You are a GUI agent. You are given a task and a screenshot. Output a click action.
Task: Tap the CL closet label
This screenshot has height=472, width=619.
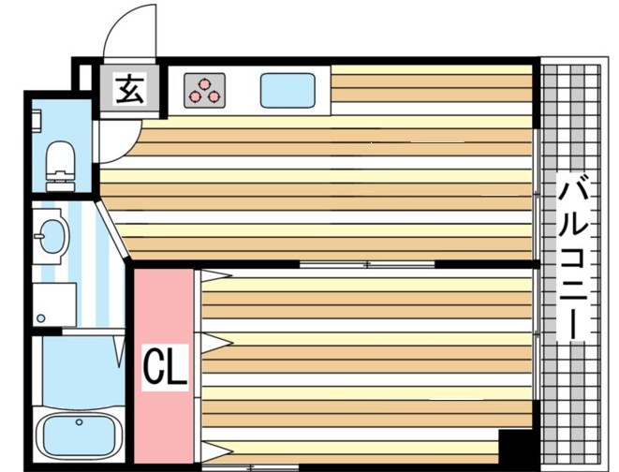(x=165, y=367)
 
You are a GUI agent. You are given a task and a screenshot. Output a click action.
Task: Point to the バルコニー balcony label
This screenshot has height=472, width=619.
(x=573, y=257)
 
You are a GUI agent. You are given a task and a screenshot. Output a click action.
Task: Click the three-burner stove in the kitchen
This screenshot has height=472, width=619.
(x=204, y=91)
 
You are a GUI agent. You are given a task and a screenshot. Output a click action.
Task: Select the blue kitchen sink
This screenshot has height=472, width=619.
(x=287, y=91)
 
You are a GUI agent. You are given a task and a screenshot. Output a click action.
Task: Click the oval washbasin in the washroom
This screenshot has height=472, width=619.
(x=53, y=236)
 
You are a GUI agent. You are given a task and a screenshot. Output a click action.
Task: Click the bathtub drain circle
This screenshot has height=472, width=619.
(x=79, y=422)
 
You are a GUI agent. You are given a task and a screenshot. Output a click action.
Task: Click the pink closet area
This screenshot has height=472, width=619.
(x=164, y=366)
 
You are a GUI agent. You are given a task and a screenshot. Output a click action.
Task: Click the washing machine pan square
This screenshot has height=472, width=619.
(x=54, y=304)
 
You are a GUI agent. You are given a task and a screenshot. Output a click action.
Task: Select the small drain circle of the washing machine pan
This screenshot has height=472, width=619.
(x=40, y=318)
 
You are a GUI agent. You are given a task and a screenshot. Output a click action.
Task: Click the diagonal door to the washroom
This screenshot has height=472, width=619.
(x=112, y=229)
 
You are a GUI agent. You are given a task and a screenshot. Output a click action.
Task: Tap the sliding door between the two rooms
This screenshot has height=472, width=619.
(x=367, y=264)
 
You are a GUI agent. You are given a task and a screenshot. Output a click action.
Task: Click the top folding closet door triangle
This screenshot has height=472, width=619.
(x=216, y=275)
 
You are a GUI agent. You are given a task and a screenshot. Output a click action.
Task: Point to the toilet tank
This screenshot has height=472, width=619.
(x=60, y=186)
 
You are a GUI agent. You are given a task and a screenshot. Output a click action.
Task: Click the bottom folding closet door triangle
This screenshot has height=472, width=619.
(x=216, y=451)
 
